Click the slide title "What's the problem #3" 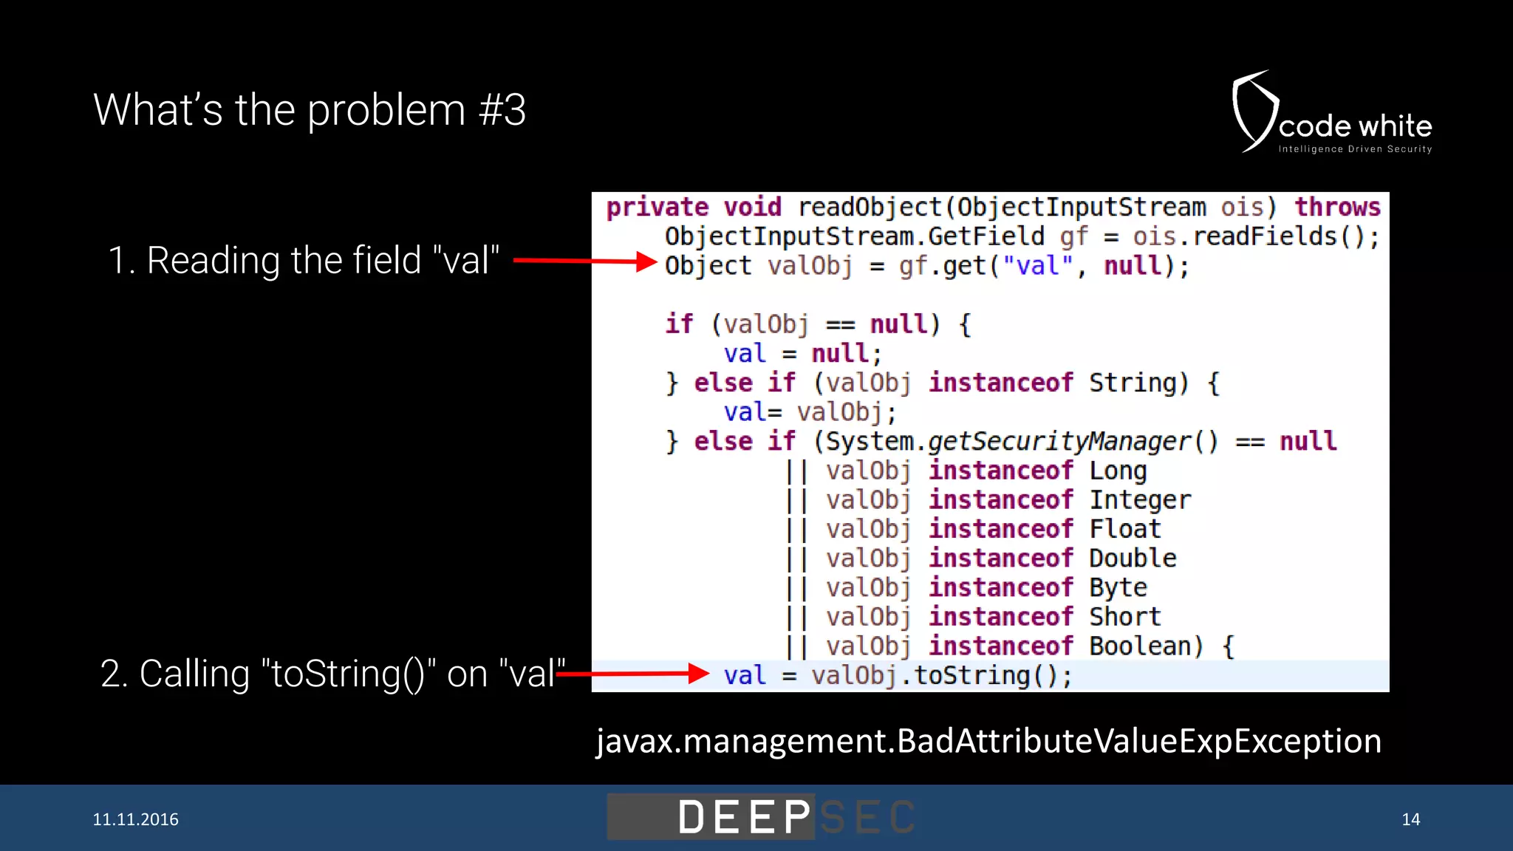coord(310,110)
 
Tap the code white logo coord(1332,114)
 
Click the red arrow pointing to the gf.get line coord(584,261)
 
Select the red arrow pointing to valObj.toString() coord(634,673)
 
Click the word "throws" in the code coord(1337,207)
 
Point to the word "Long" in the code coord(1118,471)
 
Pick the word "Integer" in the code coord(1140,500)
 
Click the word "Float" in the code coord(1125,529)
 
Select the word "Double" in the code coord(1133,558)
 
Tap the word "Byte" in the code coord(1118,588)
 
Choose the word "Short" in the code coord(1125,617)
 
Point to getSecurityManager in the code coord(1059,442)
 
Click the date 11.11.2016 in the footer coord(135,819)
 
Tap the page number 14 coord(1410,819)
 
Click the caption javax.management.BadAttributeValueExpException coord(988,741)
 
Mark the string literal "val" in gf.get coord(1037,266)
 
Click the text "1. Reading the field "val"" coord(304,261)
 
